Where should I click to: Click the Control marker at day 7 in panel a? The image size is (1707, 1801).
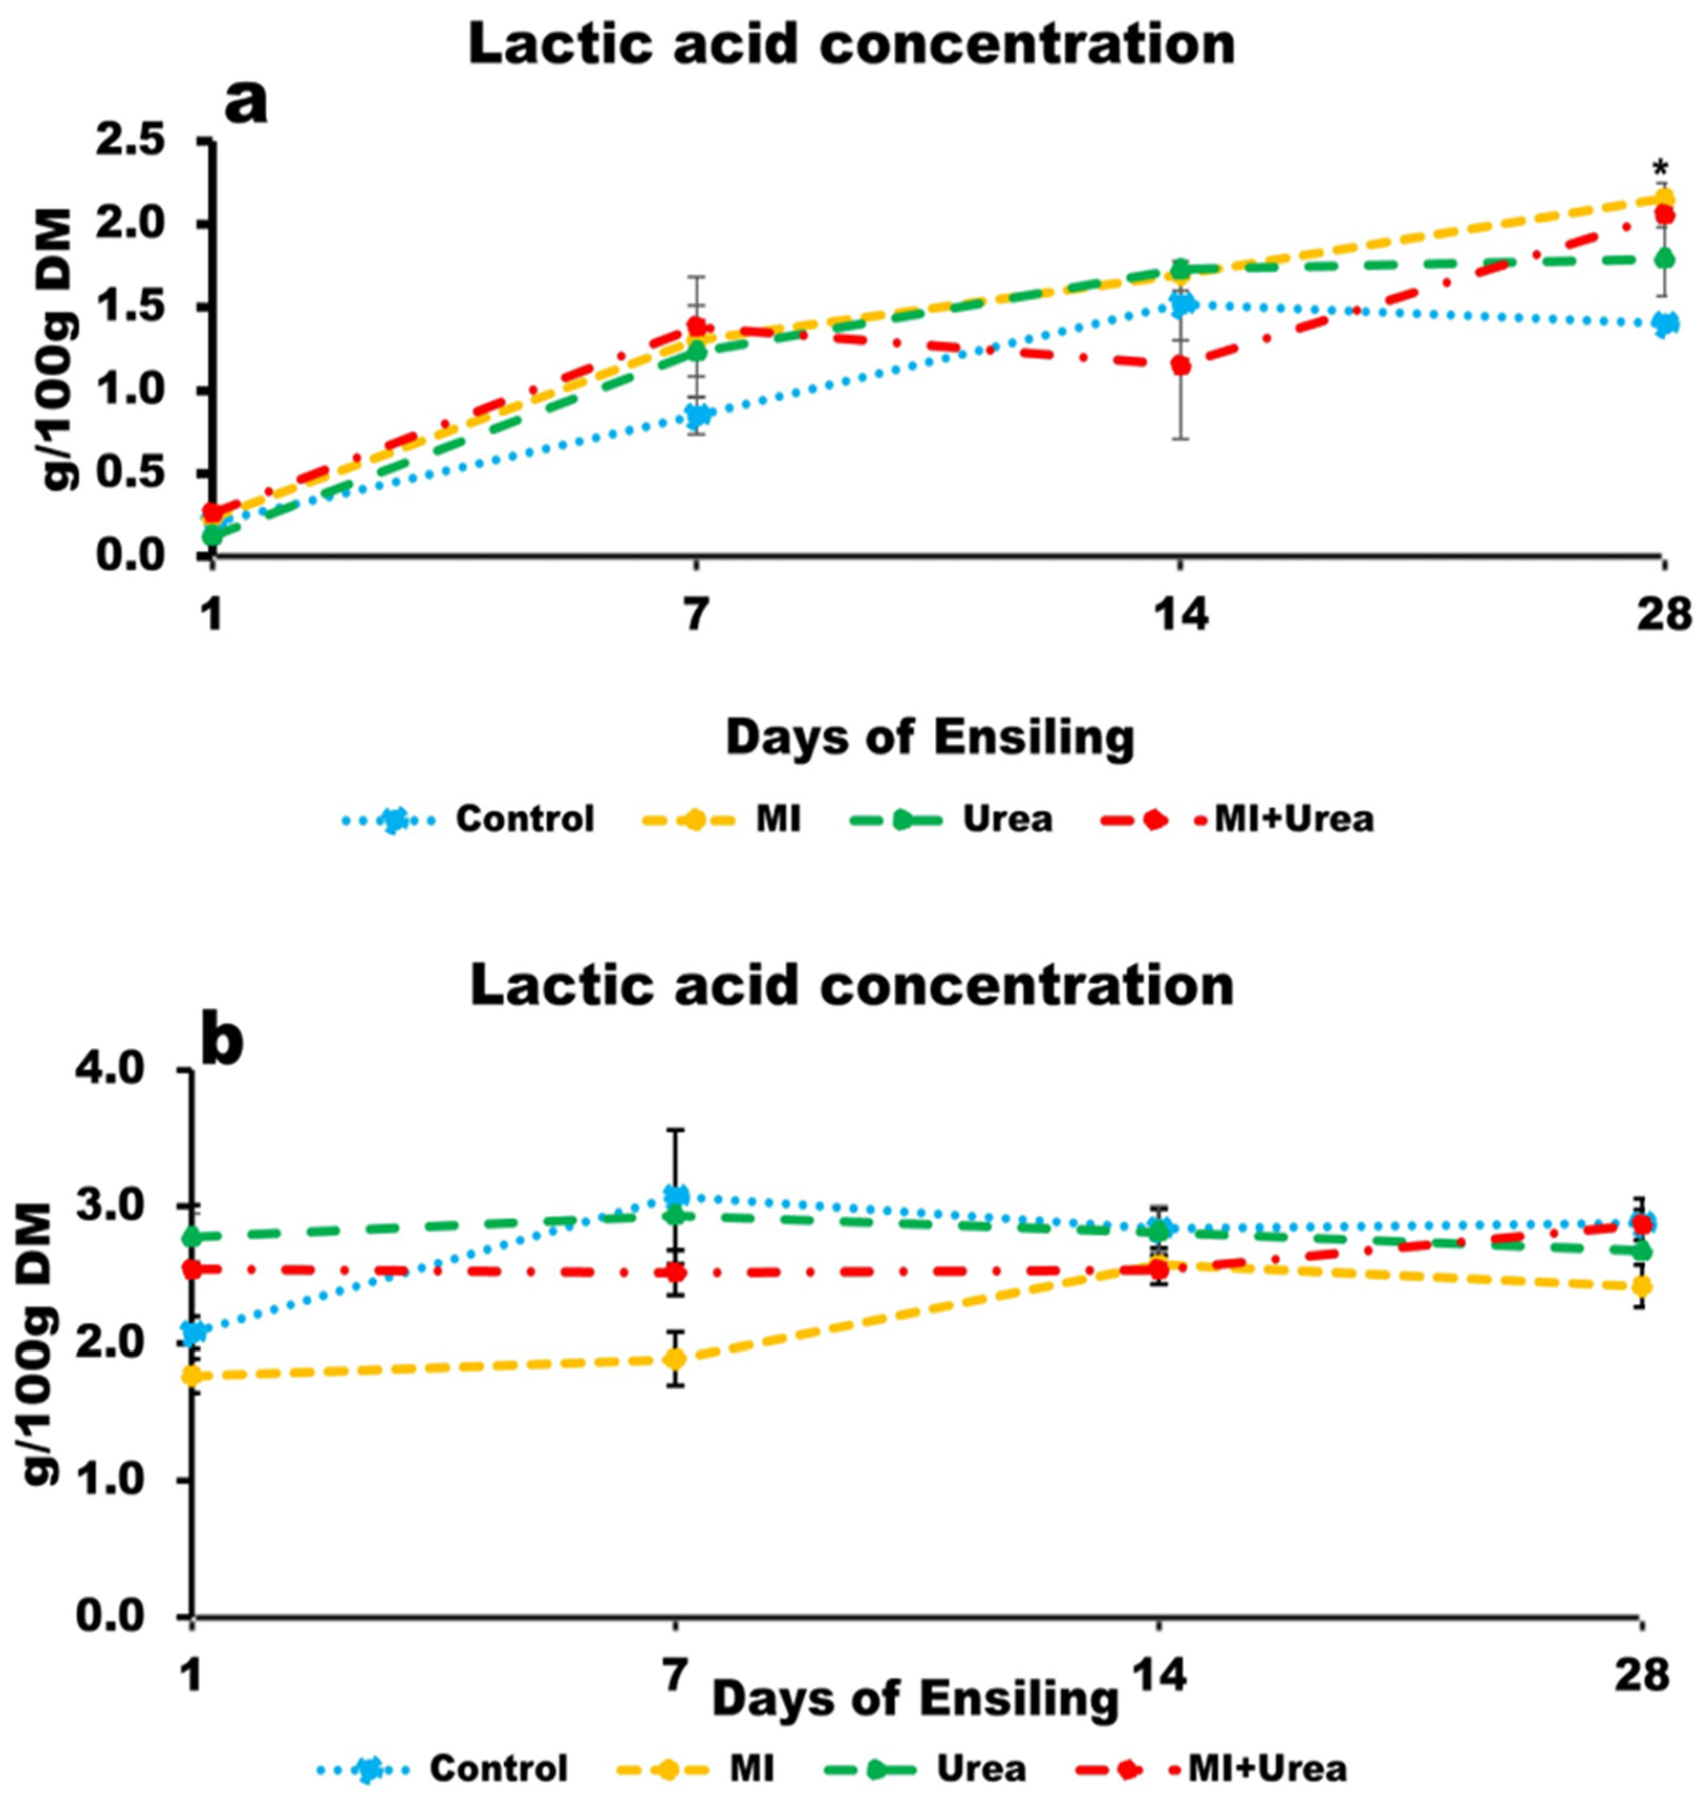point(698,416)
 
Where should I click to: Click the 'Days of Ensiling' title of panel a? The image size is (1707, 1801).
point(930,738)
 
